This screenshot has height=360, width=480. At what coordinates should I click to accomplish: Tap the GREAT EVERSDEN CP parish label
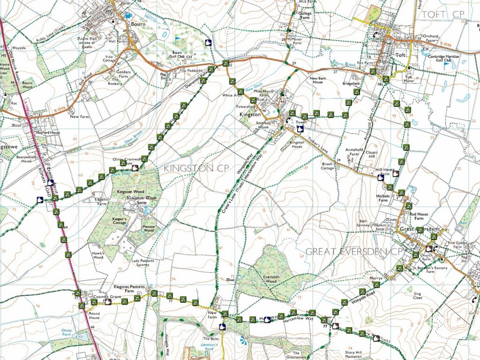tap(354, 252)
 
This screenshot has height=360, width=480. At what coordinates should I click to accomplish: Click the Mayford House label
tap(48, 133)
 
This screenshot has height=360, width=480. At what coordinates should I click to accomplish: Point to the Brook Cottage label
tap(328, 166)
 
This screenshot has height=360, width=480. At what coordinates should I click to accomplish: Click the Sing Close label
tap(417, 295)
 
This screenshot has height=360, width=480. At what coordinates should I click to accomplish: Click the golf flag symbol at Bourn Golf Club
tap(178, 39)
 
